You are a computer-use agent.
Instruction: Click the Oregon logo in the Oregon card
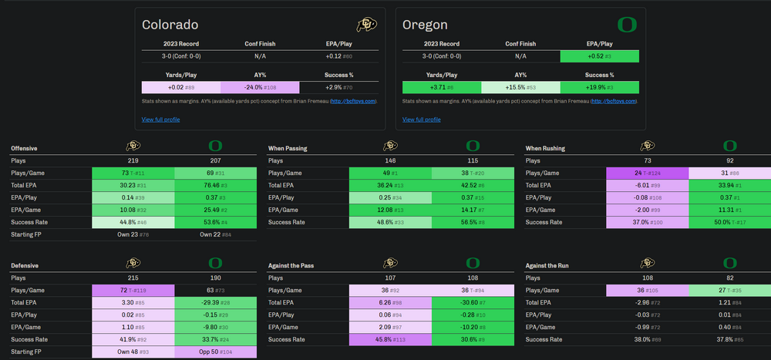point(628,25)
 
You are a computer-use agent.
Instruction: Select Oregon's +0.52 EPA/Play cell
point(598,56)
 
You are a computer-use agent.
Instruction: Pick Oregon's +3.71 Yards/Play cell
point(442,88)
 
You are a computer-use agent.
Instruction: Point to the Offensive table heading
point(25,147)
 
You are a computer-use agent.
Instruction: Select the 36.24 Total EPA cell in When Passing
point(390,185)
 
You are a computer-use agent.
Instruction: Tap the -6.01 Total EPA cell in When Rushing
point(647,185)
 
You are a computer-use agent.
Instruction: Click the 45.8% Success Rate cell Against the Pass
point(390,340)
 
